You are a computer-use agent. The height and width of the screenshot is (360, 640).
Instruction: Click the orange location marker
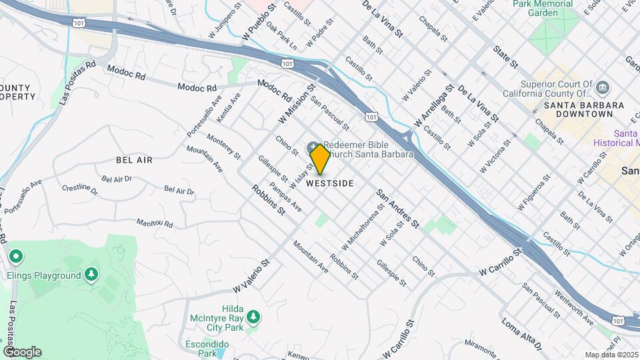(x=321, y=159)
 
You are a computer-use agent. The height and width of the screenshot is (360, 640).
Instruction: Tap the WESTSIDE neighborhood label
(x=330, y=183)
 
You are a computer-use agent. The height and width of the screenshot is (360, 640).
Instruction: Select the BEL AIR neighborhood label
(x=134, y=160)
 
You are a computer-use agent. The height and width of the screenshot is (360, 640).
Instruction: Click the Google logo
(x=21, y=352)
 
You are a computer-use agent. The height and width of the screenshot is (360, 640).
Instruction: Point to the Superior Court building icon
(x=603, y=87)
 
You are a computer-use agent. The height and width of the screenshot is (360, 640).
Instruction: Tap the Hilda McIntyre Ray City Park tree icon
(x=252, y=315)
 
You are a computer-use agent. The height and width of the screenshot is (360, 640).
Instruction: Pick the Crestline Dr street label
(x=79, y=190)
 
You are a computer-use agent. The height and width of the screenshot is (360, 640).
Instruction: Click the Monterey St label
(x=223, y=146)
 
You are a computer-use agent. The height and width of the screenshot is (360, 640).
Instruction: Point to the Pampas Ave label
(x=285, y=198)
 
